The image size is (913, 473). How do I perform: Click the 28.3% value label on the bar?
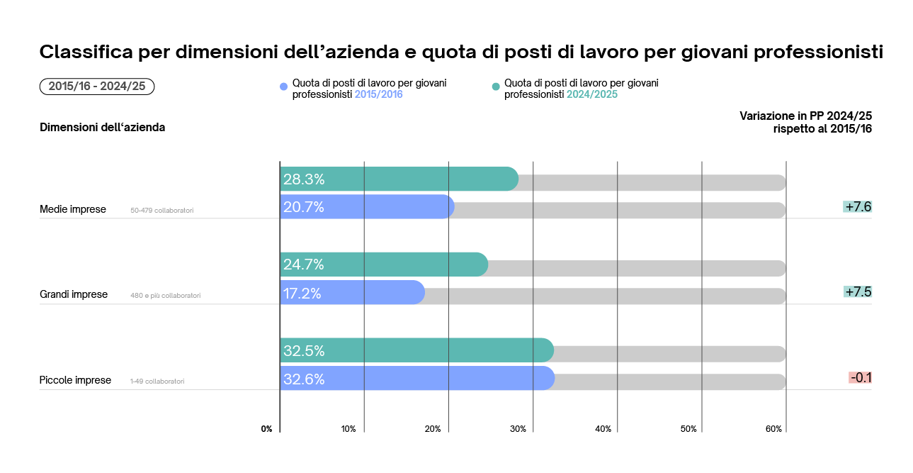tap(304, 179)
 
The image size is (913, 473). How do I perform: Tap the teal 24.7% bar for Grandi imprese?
tap(397, 265)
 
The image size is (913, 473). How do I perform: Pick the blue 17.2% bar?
tap(368, 293)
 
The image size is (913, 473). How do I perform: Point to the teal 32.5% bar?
tap(425, 350)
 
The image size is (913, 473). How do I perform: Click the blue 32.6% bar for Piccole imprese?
tap(425, 379)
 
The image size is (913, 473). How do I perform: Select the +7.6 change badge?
tap(857, 207)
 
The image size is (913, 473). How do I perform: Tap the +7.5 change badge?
tap(857, 292)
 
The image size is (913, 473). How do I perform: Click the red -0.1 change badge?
tap(860, 378)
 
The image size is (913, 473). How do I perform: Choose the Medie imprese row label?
tap(73, 209)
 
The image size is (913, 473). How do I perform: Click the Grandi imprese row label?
tap(74, 294)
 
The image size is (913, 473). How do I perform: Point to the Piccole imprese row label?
tap(75, 380)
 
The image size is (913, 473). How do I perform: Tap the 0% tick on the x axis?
tap(266, 429)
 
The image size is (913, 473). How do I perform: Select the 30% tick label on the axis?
tap(518, 429)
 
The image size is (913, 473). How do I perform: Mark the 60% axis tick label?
tap(773, 429)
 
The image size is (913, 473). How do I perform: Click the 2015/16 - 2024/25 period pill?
tap(97, 87)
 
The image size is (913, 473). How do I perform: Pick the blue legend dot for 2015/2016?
tap(284, 87)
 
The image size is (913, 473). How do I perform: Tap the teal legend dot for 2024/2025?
tap(496, 87)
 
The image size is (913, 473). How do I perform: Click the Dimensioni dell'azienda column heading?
tap(102, 128)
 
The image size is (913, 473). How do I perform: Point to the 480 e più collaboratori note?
tap(165, 296)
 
